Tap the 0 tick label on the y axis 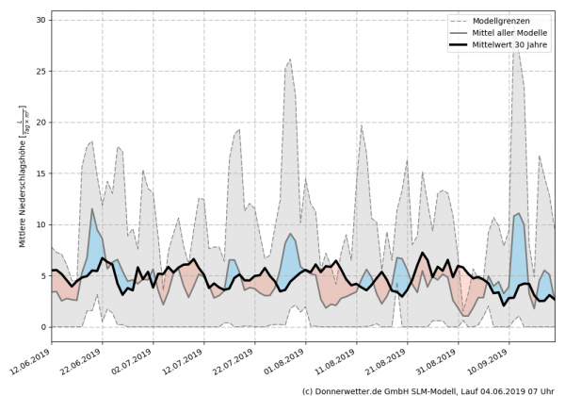pos(42,327)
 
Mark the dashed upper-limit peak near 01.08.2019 pos(290,59)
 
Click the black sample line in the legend pos(455,45)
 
